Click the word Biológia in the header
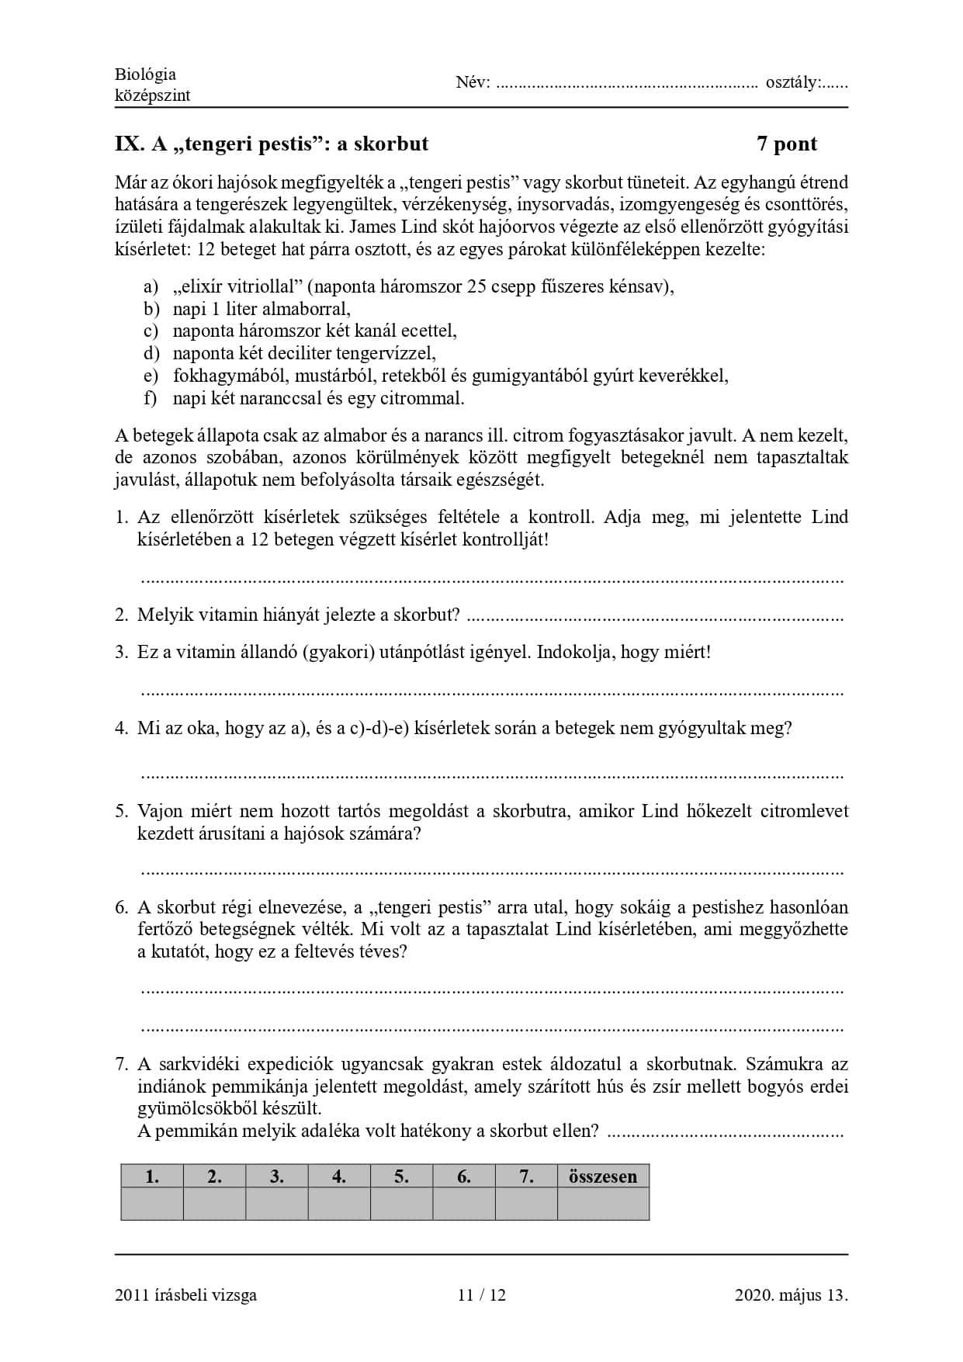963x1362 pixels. pos(145,75)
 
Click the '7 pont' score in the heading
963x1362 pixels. pos(787,144)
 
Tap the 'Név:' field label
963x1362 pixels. pos(473,82)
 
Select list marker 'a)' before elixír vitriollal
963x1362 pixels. pos(151,287)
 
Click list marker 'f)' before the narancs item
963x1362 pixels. pos(151,399)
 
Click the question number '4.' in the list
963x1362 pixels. pos(121,728)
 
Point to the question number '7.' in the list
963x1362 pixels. pos(121,1064)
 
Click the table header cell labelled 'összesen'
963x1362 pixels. pos(603,1177)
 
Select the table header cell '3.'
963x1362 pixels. pos(276,1177)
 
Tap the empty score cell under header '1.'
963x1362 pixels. pos(152,1204)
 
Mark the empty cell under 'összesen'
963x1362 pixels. pos(603,1204)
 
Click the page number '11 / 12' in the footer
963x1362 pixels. pos(481,1294)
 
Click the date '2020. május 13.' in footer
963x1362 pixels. pos(791,1294)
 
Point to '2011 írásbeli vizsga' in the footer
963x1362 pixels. pos(185,1294)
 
